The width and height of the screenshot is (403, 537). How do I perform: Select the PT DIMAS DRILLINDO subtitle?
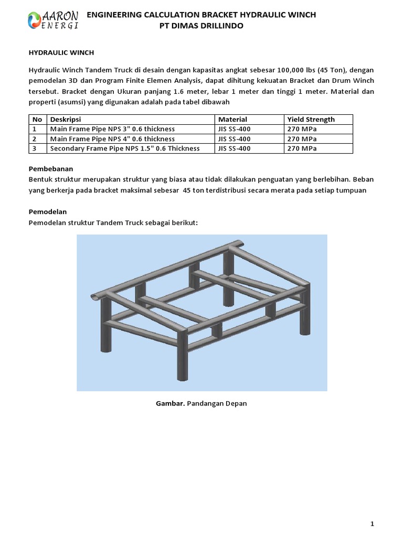201,26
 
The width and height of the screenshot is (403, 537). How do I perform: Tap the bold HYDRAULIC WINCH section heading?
60,53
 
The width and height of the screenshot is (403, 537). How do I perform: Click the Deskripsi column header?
66,120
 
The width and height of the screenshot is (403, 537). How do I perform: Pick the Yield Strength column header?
311,120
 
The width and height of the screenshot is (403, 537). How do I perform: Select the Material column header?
232,120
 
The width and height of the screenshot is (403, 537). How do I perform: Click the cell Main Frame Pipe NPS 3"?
112,129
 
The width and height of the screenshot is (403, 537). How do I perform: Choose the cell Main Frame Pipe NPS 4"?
112,139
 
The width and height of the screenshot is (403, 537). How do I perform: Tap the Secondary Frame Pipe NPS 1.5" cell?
124,148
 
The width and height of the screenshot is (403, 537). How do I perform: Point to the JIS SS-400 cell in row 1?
234,129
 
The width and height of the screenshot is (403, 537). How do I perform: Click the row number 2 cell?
35,139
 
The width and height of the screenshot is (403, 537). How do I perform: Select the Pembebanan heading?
50,169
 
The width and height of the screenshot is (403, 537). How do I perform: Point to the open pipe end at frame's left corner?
97,297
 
